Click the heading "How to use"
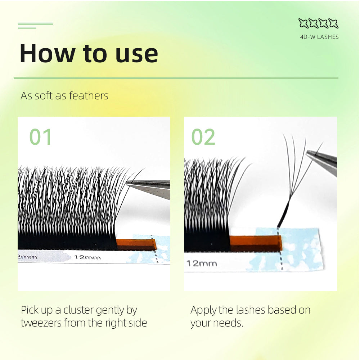point(89,54)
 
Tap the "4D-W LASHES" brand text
point(319,37)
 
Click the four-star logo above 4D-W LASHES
point(319,23)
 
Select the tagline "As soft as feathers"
point(64,96)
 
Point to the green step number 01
point(40,137)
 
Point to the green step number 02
point(203,137)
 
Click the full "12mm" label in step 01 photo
point(87,257)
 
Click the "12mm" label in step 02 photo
point(202,264)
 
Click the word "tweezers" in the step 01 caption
point(41,323)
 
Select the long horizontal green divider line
point(176,78)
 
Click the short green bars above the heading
point(35,26)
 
